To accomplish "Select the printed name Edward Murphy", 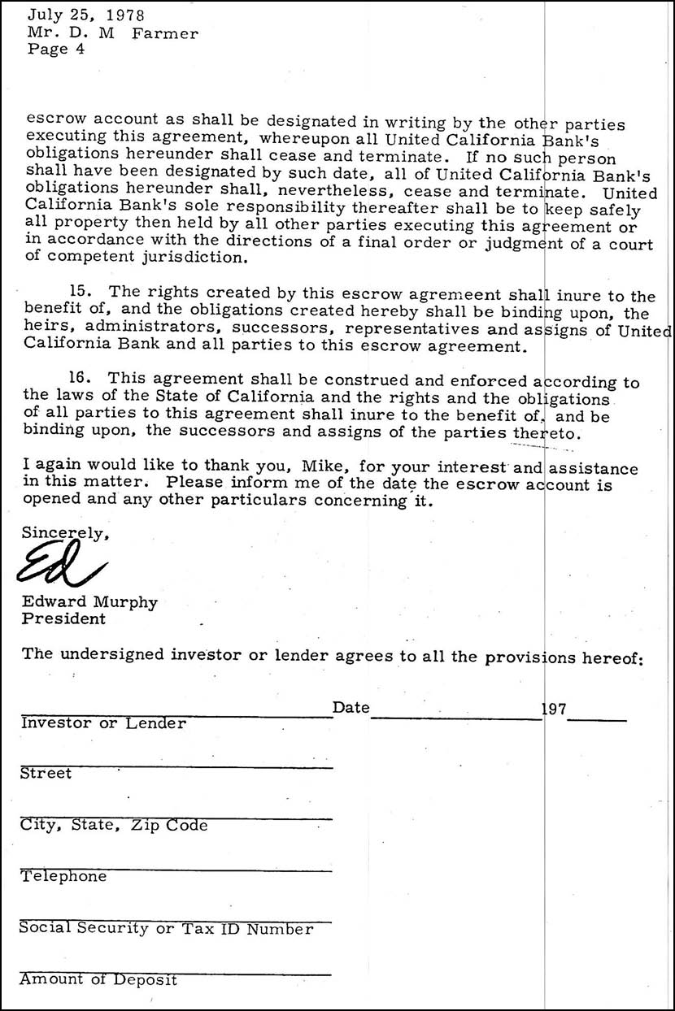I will (x=89, y=603).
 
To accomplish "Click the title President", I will (x=63, y=618).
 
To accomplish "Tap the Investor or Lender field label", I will (x=103, y=722).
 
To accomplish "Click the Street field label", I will (x=46, y=774).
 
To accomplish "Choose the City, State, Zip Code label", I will (x=114, y=826).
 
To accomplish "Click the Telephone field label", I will (x=63, y=877).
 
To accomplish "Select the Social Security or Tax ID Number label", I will (x=167, y=929).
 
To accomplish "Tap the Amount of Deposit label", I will (x=98, y=980).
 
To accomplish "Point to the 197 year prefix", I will (x=555, y=709).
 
